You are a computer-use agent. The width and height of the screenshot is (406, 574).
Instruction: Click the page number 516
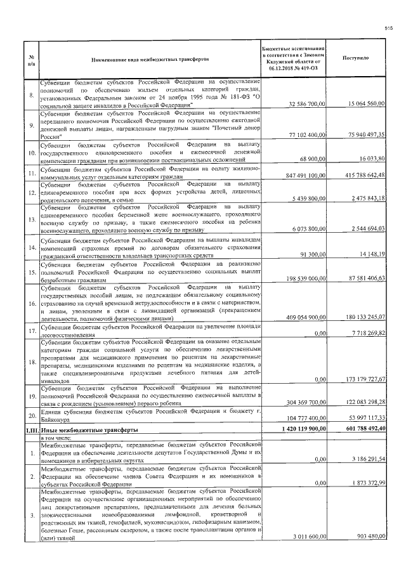point(390,28)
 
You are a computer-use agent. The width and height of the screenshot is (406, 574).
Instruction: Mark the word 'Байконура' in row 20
point(55,421)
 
